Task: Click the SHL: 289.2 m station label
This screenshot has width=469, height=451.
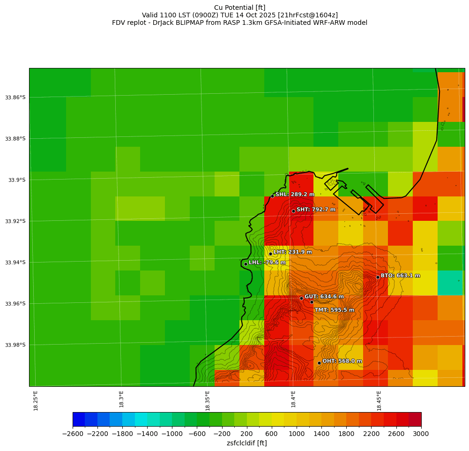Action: pos(295,195)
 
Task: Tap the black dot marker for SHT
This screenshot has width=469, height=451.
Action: pos(293,211)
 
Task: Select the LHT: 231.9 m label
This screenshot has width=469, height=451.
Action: pos(292,252)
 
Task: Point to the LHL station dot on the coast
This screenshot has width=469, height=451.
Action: pos(246,264)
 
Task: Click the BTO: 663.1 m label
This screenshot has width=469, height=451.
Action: pos(400,276)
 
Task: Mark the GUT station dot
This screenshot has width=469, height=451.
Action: pos(301,298)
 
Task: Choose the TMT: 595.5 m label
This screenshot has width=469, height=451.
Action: pos(334,310)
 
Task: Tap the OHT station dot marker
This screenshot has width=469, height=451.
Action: pos(319,363)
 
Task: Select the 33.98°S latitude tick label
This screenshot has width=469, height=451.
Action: pos(15,345)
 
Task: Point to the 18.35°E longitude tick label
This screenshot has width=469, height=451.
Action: pos(208,400)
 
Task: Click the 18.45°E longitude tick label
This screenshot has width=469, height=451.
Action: pos(379,400)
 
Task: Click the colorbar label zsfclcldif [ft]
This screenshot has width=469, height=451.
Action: pos(246,443)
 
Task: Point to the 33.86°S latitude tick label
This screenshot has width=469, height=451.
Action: pos(15,98)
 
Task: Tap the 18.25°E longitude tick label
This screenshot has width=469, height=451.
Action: pos(36,400)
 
